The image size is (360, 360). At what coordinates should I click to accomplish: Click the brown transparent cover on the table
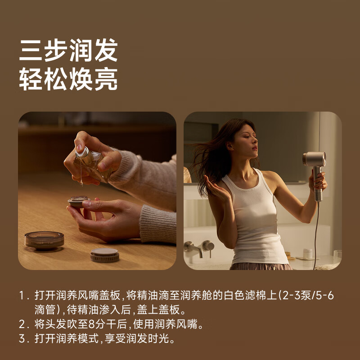[44, 240]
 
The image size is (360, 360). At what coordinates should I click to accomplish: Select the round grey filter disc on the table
[104, 255]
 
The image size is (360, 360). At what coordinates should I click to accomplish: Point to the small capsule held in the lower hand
[79, 201]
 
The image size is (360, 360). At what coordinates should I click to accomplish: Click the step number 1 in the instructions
[23, 296]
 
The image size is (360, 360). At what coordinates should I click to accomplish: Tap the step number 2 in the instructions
[23, 324]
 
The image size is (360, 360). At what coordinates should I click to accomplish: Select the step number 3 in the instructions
[23, 338]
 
